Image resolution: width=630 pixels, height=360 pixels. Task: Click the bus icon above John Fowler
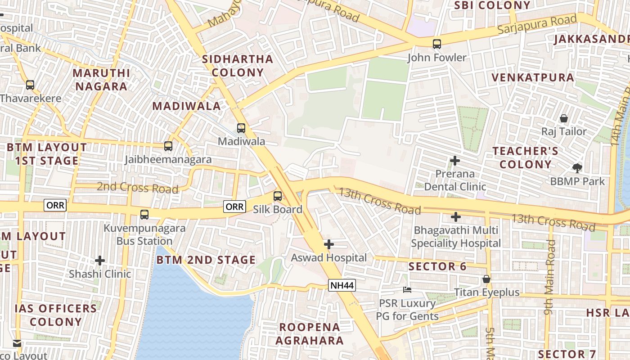pyautogui.click(x=436, y=44)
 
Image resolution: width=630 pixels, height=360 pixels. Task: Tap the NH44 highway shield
pyautogui.click(x=342, y=285)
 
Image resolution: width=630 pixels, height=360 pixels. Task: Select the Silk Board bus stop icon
pyautogui.click(x=278, y=196)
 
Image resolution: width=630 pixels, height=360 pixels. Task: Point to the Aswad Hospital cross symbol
pyautogui.click(x=329, y=244)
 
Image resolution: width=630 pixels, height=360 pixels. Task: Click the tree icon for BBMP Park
pyautogui.click(x=577, y=168)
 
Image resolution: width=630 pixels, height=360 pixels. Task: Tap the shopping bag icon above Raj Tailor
pyautogui.click(x=563, y=118)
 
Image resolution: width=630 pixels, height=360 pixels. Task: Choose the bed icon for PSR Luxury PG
pyautogui.click(x=407, y=289)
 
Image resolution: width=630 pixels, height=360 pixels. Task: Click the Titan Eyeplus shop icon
pyautogui.click(x=486, y=279)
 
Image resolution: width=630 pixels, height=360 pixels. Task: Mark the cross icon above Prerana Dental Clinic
pyautogui.click(x=455, y=161)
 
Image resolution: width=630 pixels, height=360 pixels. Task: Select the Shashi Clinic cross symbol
pyautogui.click(x=100, y=261)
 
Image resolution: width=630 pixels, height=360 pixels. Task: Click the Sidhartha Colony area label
pyautogui.click(x=238, y=66)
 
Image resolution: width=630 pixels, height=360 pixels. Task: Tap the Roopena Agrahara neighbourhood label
pyautogui.click(x=310, y=333)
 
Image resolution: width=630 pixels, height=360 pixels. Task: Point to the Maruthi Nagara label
pyautogui.click(x=101, y=79)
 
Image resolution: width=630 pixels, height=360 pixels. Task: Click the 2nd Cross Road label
pyautogui.click(x=137, y=187)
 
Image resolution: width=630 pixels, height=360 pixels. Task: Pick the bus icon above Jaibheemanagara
pyautogui.click(x=168, y=146)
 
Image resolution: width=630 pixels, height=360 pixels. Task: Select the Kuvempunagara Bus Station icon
pyautogui.click(x=144, y=215)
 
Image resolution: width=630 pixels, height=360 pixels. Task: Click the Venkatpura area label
pyautogui.click(x=533, y=77)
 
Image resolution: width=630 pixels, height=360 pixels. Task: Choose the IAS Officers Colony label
pyautogui.click(x=55, y=315)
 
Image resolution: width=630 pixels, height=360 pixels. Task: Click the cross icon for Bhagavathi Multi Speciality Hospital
pyautogui.click(x=456, y=217)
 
